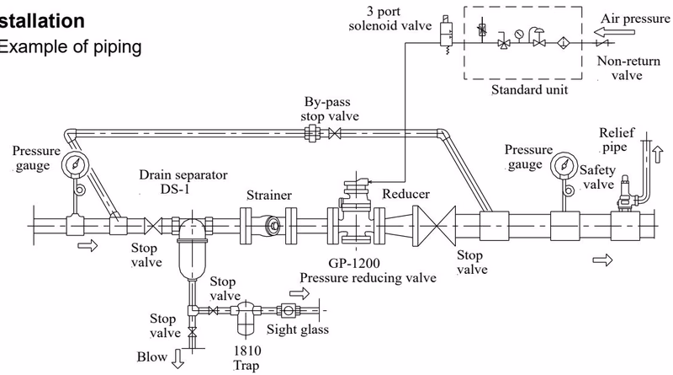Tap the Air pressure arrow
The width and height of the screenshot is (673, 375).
point(609,32)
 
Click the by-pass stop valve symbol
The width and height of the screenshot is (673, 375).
point(334,133)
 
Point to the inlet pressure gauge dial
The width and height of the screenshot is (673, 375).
point(76,164)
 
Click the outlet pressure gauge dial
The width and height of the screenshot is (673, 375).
point(564,165)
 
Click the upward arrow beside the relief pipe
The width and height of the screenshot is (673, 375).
point(658,154)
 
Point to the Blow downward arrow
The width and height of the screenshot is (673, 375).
point(178,359)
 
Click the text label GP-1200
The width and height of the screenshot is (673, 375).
point(354,263)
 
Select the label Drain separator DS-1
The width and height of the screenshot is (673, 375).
point(183,182)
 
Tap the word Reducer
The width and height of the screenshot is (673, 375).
point(405,194)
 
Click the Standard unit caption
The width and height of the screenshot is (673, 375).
point(529,90)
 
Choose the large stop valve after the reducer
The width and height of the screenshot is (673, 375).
point(434,226)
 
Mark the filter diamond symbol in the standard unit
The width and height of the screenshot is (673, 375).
point(563,43)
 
